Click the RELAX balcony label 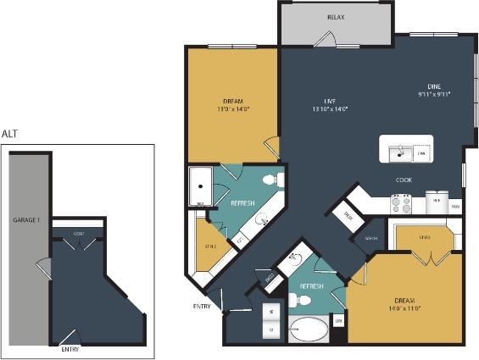pyautogui.click(x=336, y=17)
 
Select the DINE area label pyautogui.click(x=433, y=86)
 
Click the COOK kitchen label pyautogui.click(x=404, y=180)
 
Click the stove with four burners pyautogui.click(x=400, y=204)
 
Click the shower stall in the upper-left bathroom pyautogui.click(x=200, y=186)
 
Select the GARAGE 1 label pyautogui.click(x=25, y=219)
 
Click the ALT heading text pyautogui.click(x=9, y=134)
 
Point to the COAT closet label pyautogui.click(x=78, y=234)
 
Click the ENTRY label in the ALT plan pyautogui.click(x=71, y=348)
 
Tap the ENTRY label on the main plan pyautogui.click(x=202, y=306)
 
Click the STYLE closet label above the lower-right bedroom pyautogui.click(x=423, y=237)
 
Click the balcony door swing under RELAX pyautogui.click(x=326, y=38)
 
